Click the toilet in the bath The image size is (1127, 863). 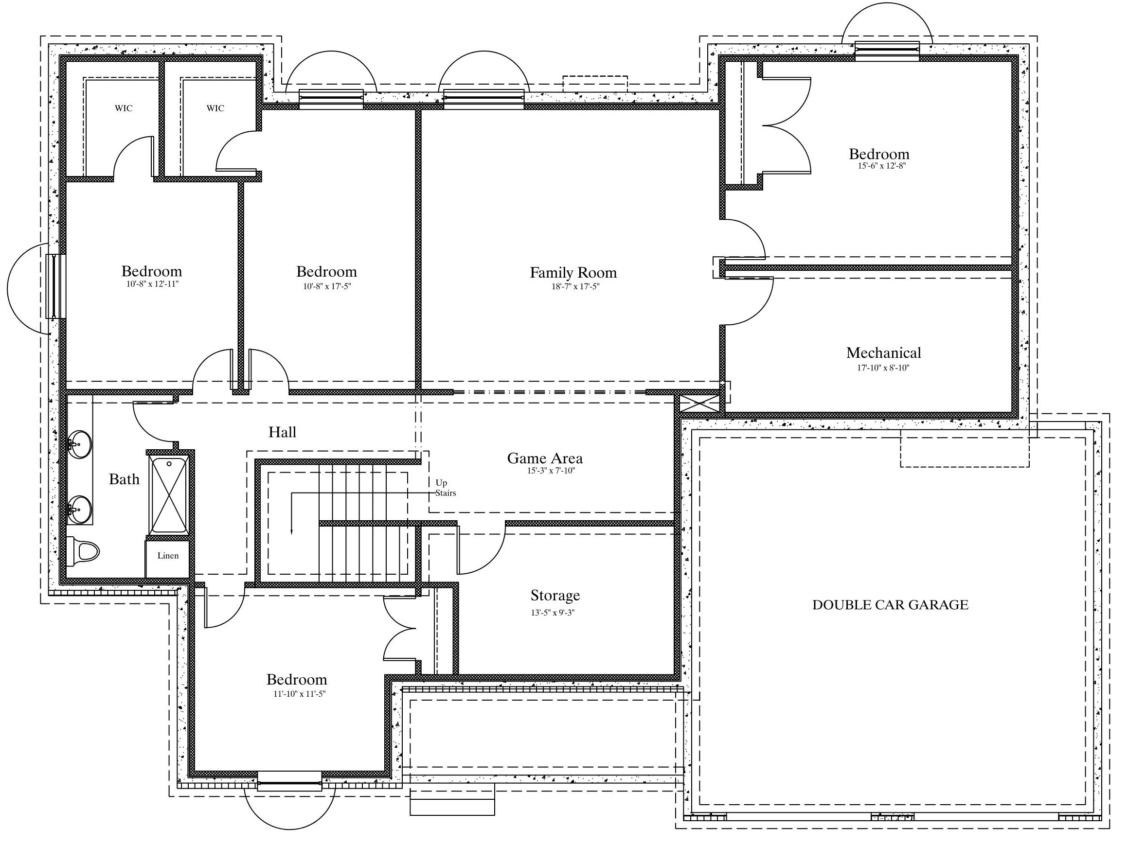(x=83, y=552)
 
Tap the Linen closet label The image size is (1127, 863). (x=168, y=555)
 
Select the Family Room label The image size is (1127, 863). (x=573, y=272)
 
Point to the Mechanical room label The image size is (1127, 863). (x=883, y=352)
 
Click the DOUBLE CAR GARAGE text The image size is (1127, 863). (x=890, y=605)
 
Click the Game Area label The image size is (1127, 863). (x=545, y=458)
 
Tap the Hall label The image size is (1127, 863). (x=282, y=432)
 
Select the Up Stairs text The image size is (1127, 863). (x=446, y=488)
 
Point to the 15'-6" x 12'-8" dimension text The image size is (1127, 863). (x=881, y=166)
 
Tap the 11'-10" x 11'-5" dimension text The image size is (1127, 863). (x=300, y=694)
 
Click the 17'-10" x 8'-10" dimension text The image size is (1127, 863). (x=883, y=367)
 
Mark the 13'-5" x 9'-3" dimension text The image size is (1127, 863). (x=553, y=612)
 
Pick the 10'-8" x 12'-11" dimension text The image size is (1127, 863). (x=153, y=284)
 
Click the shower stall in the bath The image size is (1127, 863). (x=169, y=495)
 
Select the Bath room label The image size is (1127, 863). (x=125, y=479)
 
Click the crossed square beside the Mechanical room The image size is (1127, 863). (x=699, y=403)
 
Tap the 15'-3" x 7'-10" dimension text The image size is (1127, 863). (x=551, y=471)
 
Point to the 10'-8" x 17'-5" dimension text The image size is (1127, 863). (x=327, y=286)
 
